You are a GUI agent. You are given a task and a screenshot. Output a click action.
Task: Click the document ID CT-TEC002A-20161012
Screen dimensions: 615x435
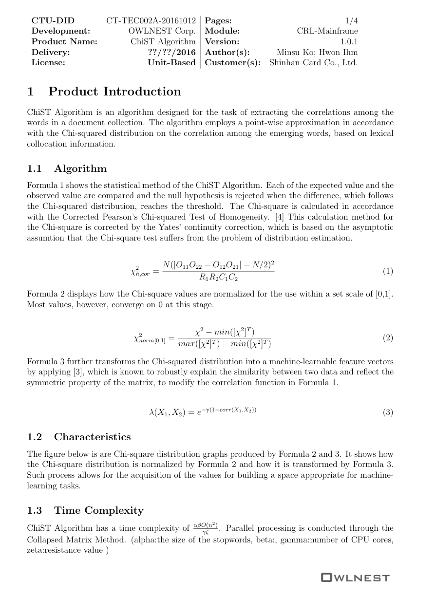pos(151,21)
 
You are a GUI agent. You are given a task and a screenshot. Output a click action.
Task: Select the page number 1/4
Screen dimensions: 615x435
pos(351,21)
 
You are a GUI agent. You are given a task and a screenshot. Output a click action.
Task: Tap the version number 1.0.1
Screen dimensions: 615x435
pos(349,42)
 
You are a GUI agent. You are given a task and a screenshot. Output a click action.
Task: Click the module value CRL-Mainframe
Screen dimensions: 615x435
pos(327,31)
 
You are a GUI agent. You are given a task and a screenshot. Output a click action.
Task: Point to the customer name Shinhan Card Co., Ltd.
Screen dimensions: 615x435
pos(313,63)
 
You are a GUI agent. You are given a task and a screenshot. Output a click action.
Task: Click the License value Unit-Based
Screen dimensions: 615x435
pos(171,63)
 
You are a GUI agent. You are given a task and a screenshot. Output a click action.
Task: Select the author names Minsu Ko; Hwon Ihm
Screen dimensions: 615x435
pos(317,53)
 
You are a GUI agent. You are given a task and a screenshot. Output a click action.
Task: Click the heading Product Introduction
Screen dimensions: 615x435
pos(114,92)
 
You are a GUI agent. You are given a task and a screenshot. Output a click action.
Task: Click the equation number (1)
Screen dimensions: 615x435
pos(387,271)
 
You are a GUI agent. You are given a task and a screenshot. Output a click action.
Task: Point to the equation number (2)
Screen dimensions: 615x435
pos(387,337)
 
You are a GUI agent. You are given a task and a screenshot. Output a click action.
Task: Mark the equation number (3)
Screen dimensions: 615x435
pos(387,412)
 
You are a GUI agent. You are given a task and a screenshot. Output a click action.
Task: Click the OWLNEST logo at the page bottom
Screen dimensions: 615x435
pos(355,578)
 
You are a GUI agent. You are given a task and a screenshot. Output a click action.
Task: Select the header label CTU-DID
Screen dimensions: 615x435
pos(53,21)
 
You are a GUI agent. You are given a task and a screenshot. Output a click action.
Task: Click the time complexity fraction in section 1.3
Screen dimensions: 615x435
pos(205,528)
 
